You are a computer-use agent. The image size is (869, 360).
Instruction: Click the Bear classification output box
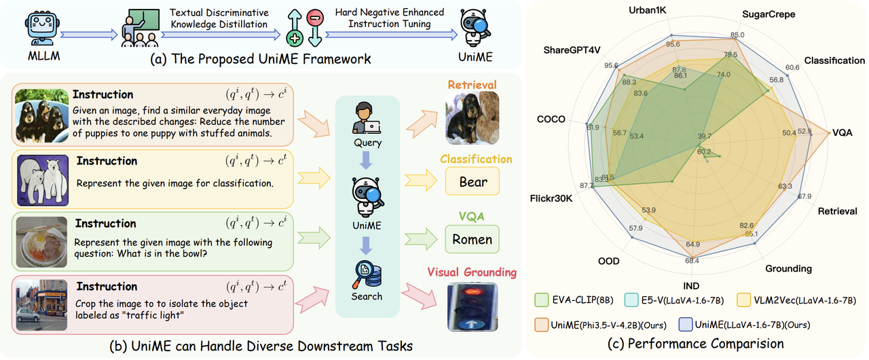(472, 182)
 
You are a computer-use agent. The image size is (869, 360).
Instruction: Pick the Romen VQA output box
(472, 239)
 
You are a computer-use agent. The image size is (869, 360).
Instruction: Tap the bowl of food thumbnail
(41, 240)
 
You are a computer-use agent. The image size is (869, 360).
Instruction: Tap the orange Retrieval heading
(472, 85)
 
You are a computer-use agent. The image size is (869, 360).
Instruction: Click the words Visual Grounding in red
(473, 272)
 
